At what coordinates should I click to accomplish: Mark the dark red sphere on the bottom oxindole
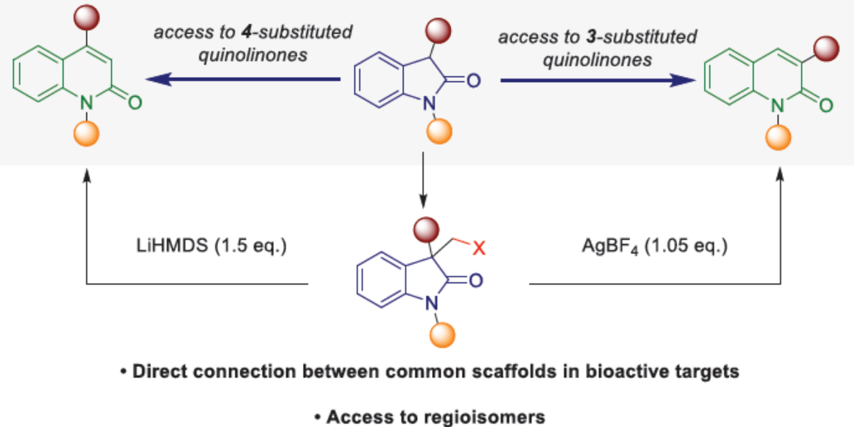pyautogui.click(x=425, y=227)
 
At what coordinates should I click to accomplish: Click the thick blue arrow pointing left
pyautogui.click(x=243, y=79)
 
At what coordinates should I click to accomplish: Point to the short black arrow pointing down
pyautogui.click(x=422, y=186)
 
